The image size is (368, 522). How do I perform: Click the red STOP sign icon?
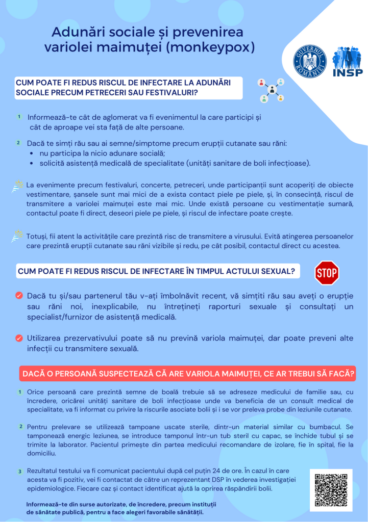coord(327,273)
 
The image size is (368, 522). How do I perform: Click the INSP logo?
coord(348,61)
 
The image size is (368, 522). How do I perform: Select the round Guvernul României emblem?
coord(310,61)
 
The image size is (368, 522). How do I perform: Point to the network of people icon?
coord(271,90)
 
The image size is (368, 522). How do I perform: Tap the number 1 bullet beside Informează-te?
coord(19,117)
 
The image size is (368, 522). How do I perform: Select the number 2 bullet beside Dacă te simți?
coord(18,144)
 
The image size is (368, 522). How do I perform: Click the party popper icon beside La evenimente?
coord(18,186)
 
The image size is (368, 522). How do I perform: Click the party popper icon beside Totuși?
coord(18,236)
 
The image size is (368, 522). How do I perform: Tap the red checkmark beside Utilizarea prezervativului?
coord(19,337)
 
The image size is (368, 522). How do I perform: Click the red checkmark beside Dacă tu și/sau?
coord(19,295)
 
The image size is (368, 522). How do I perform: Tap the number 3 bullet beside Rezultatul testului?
coord(19,472)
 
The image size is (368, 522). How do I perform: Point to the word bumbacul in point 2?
coord(324,426)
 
